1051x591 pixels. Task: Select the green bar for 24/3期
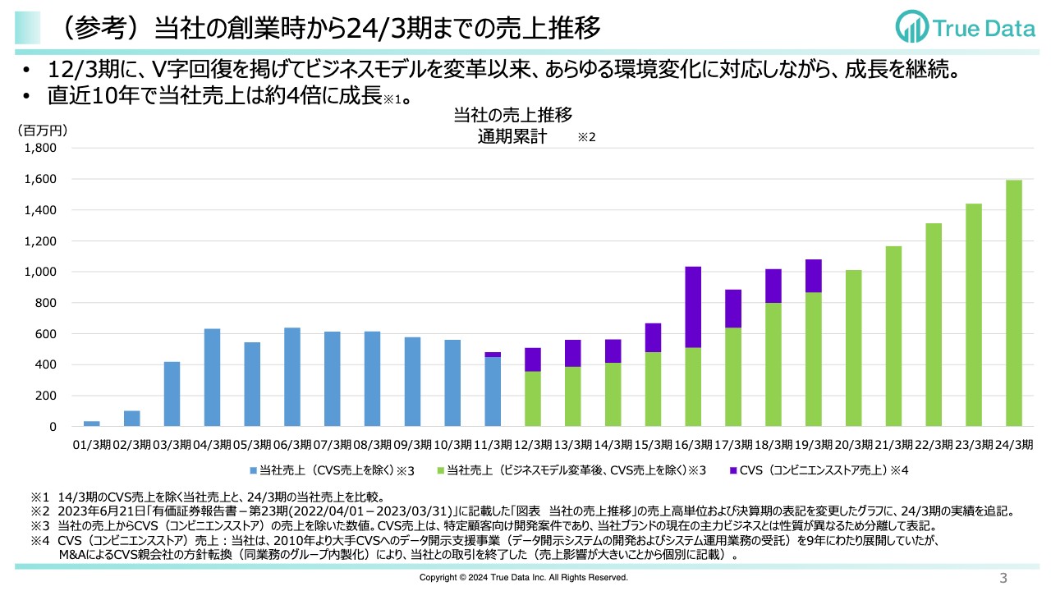1014,303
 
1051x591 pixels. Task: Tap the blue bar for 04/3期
212,378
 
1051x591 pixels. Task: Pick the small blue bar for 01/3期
92,424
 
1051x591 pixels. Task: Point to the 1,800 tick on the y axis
41,149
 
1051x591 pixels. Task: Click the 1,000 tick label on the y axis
41,273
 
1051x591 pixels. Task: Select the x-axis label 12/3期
532,444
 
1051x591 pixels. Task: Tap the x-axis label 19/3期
812,444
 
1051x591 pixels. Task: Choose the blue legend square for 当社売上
254,470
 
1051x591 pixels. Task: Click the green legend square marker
440,470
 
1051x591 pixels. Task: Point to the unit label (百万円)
43,130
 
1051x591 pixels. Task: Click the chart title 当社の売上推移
512,116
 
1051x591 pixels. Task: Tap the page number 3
1003,578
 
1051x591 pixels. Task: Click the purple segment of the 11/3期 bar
493,355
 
